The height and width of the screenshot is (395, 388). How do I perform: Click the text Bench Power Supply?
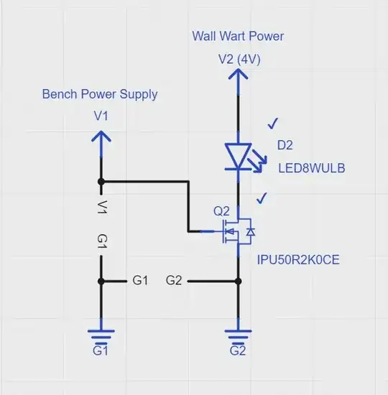pyautogui.click(x=100, y=94)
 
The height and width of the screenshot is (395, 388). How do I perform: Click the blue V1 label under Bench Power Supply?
pyautogui.click(x=101, y=115)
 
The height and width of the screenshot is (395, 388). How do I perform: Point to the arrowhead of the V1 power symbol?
pyautogui.click(x=101, y=136)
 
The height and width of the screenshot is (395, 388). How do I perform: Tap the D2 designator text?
pyautogui.click(x=285, y=145)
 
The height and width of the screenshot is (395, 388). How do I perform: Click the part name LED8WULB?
pyautogui.click(x=312, y=168)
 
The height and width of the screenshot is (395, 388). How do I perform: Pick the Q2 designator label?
pyautogui.click(x=221, y=212)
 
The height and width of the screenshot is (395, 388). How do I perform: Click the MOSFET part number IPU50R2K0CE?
pyautogui.click(x=298, y=259)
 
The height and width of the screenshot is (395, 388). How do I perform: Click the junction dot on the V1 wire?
pyautogui.click(x=101, y=181)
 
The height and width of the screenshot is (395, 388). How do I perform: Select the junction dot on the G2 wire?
pyautogui.click(x=238, y=281)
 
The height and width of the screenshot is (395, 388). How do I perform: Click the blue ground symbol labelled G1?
pyautogui.click(x=101, y=336)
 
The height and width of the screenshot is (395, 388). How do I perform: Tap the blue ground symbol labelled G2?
pyautogui.click(x=238, y=336)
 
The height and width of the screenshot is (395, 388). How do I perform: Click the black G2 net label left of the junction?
pyautogui.click(x=173, y=280)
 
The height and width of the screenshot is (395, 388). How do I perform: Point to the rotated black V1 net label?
pyautogui.click(x=101, y=208)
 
